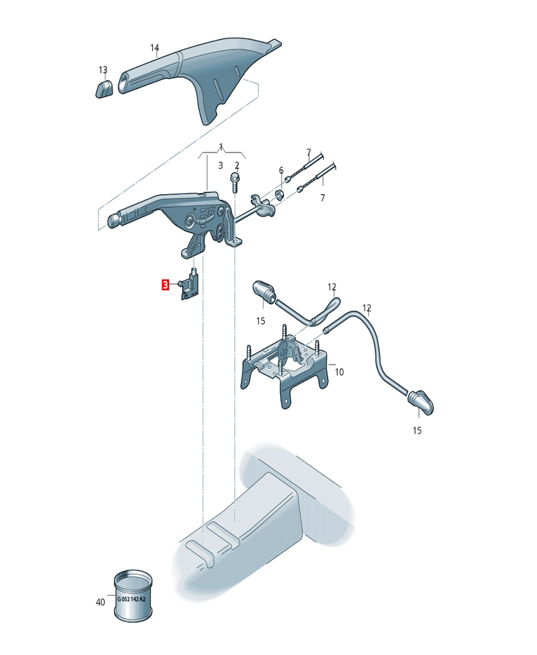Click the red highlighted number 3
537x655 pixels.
[x=165, y=285]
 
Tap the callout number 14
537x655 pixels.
[x=155, y=48]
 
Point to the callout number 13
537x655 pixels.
[x=103, y=70]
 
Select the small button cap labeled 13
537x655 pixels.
[x=104, y=89]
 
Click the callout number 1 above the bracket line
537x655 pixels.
[x=221, y=147]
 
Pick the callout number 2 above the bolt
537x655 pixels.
[x=237, y=165]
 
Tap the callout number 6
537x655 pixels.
[x=281, y=171]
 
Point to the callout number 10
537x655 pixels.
[x=339, y=372]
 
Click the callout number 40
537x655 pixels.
[x=100, y=602]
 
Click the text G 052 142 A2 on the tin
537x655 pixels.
[x=131, y=599]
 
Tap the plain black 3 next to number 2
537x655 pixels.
[x=220, y=165]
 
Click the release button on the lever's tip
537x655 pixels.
[x=114, y=221]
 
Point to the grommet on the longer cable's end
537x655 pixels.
[x=421, y=402]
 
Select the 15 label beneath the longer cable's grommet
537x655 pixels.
[x=417, y=431]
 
